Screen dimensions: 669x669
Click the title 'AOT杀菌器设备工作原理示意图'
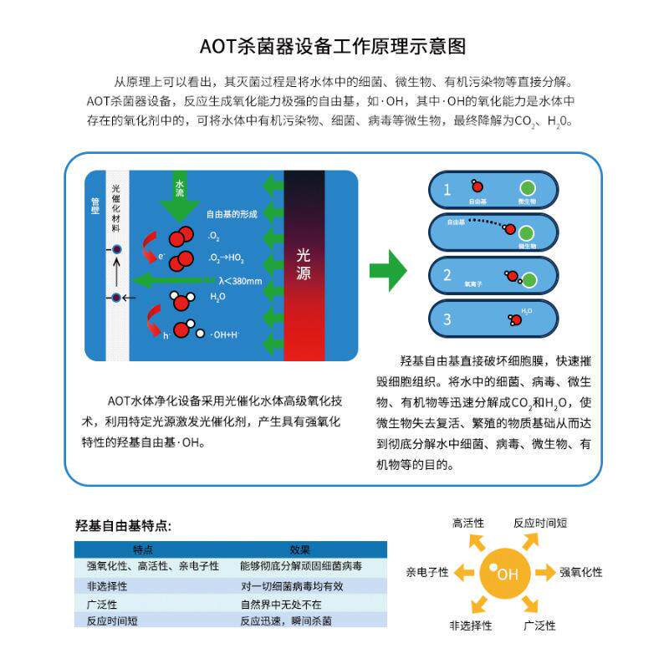click(x=334, y=45)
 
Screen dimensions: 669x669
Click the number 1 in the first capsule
click(x=447, y=189)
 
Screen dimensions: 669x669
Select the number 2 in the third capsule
click(x=447, y=275)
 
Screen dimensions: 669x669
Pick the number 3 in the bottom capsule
click(x=447, y=319)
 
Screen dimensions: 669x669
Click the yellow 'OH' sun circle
click(x=504, y=573)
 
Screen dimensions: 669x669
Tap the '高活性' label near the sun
click(x=468, y=523)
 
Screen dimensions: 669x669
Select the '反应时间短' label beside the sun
click(x=540, y=523)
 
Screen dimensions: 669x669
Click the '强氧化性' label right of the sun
click(x=580, y=573)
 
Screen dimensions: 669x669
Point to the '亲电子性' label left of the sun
click(x=427, y=573)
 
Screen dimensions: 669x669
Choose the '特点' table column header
click(x=143, y=550)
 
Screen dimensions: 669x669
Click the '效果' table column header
click(x=299, y=550)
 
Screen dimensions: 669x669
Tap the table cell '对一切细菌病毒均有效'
click(x=291, y=586)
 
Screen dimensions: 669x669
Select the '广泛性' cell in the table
click(x=101, y=604)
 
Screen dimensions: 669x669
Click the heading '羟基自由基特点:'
click(x=123, y=526)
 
